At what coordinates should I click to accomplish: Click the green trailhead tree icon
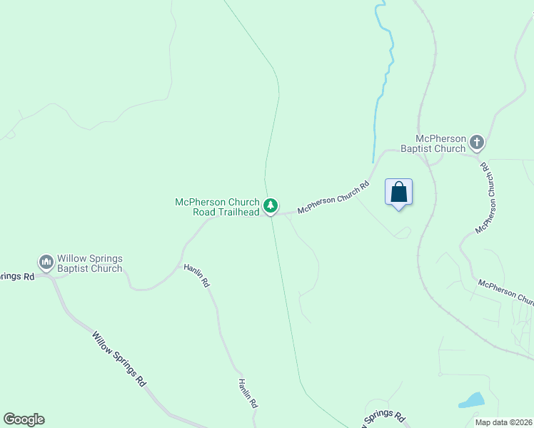coord(271,206)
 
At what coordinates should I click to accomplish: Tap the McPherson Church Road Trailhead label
coord(218,207)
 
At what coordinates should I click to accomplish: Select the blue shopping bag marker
coord(398,193)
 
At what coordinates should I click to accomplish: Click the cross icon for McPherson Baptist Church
coord(477,143)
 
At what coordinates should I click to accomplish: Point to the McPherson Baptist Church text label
coord(433,143)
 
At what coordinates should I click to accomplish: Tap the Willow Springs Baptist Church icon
coord(46,263)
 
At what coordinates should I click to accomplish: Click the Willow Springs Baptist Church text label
coord(90,263)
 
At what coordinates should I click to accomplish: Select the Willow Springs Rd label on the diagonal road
coord(119,358)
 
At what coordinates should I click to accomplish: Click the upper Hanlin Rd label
coord(197,275)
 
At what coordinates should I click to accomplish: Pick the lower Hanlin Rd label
coord(248,392)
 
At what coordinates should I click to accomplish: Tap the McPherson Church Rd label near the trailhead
coord(333,197)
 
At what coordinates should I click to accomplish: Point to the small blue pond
coord(471,400)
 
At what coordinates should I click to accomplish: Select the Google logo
coord(24,419)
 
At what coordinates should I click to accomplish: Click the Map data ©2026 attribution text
coord(504,422)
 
